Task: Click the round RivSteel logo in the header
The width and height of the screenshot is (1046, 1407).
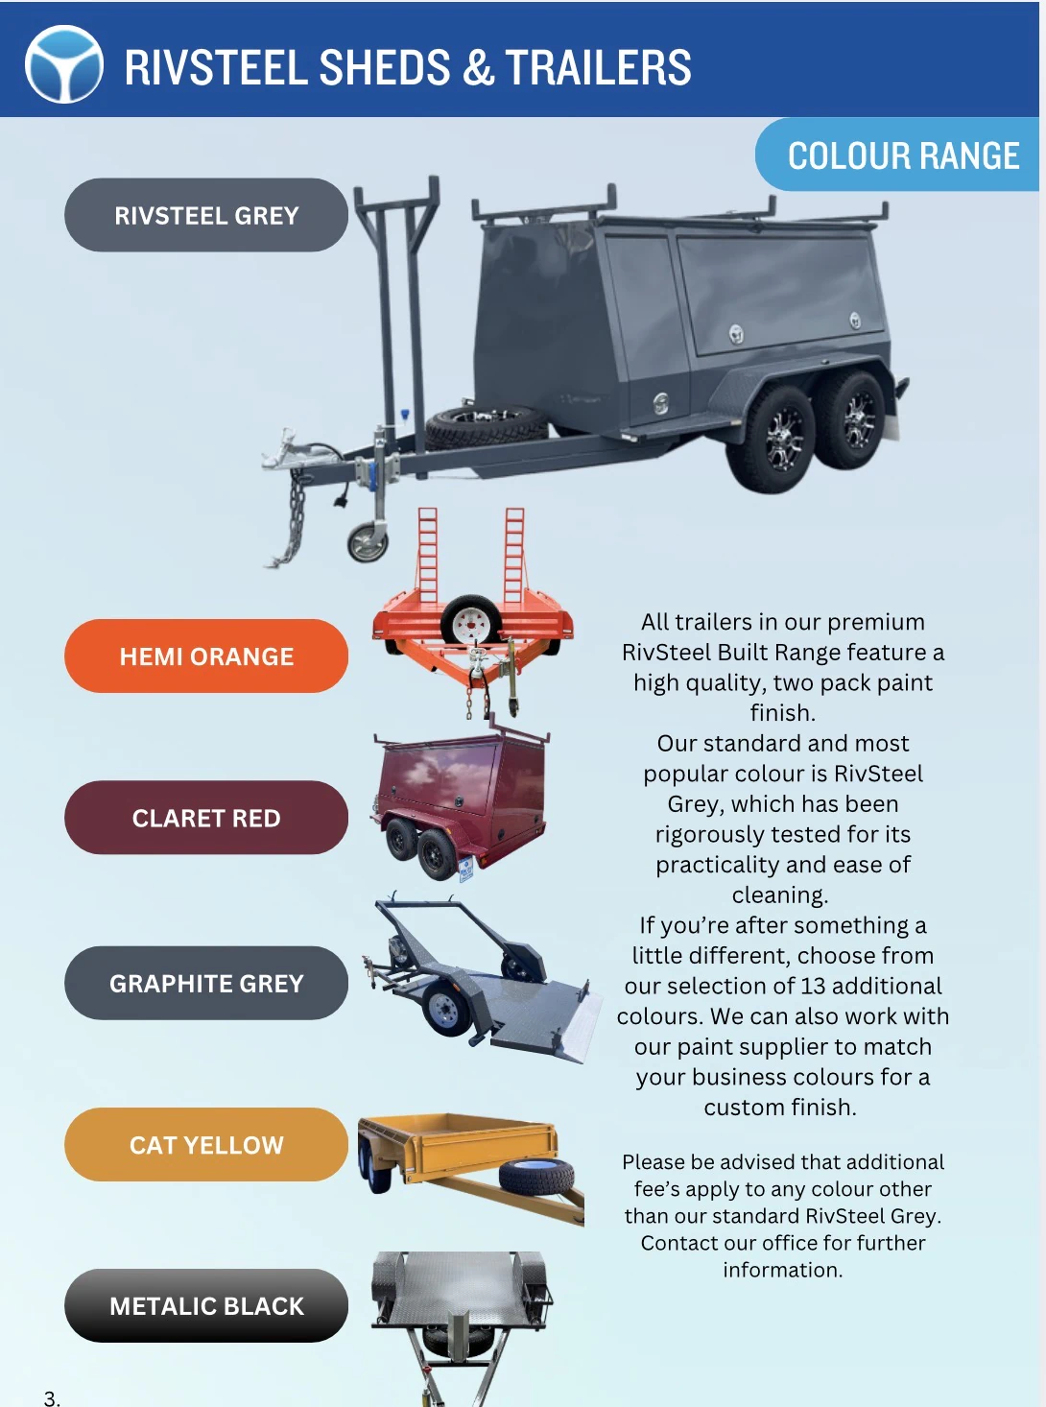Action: click(x=64, y=64)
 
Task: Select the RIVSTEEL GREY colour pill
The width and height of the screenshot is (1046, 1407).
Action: click(x=206, y=215)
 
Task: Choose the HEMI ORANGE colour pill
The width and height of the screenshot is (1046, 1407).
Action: click(x=206, y=656)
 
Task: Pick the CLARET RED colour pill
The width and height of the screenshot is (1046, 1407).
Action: click(x=206, y=818)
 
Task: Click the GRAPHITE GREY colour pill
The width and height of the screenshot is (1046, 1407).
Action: click(x=206, y=983)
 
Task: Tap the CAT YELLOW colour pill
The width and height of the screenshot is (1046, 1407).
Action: click(x=206, y=1145)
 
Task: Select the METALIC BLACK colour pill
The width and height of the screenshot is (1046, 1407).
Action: click(x=206, y=1306)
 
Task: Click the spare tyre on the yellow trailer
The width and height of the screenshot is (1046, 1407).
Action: click(x=536, y=1178)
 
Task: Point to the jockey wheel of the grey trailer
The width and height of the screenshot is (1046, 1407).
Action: click(x=368, y=543)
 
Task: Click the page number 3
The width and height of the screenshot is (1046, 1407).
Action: click(x=52, y=1397)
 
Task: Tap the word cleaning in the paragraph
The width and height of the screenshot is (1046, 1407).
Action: click(x=779, y=894)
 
